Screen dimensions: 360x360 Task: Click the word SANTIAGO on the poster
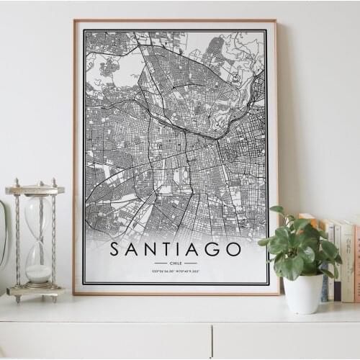pos(176,249)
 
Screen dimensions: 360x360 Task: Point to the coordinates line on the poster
pos(176,271)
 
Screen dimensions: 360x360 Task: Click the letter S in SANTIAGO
pos(116,249)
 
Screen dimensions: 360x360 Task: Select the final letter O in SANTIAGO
pos(233,249)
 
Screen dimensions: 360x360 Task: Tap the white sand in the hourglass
pos(38,274)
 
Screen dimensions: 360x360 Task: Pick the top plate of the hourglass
pos(35,190)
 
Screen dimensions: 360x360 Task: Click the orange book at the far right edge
pos(356,263)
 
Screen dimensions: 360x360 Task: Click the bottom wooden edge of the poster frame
pos(176,292)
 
